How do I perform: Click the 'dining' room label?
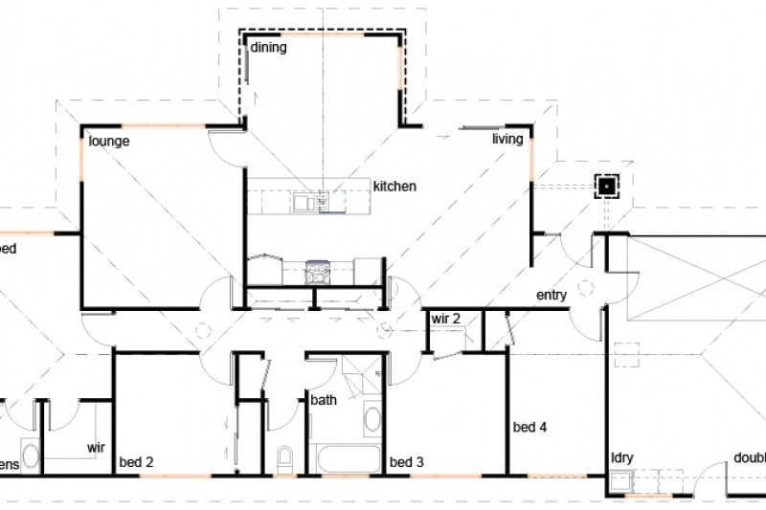pyautogui.click(x=269, y=46)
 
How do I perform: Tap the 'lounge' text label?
pyautogui.click(x=109, y=141)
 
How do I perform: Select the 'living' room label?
pyautogui.click(x=507, y=140)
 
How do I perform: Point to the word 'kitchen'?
pyautogui.click(x=394, y=186)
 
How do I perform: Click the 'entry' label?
pyautogui.click(x=552, y=295)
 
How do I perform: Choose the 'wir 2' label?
pyautogui.click(x=447, y=318)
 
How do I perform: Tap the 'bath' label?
pyautogui.click(x=323, y=400)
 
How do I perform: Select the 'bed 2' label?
pyautogui.click(x=136, y=462)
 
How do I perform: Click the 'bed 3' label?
pyautogui.click(x=407, y=462)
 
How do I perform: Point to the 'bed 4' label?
pyautogui.click(x=529, y=427)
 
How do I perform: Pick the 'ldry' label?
pyautogui.click(x=622, y=457)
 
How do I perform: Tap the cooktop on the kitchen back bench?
pyautogui.click(x=317, y=272)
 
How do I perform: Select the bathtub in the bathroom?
pyautogui.click(x=345, y=457)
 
